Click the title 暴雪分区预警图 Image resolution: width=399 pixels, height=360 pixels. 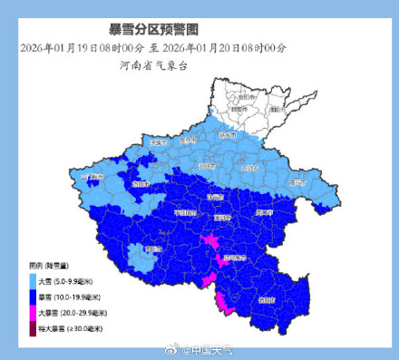tap(199, 30)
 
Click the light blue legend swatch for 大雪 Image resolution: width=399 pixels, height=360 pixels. tap(34, 281)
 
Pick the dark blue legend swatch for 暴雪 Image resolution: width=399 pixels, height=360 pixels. tap(34, 296)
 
